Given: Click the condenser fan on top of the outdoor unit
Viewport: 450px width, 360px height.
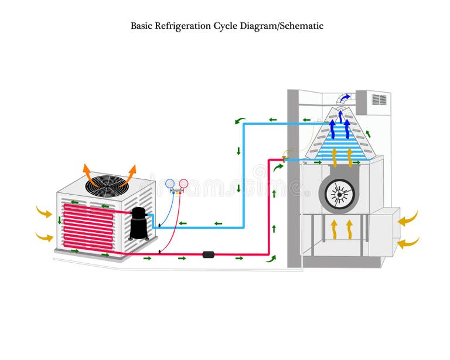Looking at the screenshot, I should (107, 184).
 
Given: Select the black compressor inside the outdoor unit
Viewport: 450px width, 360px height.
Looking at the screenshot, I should (139, 223).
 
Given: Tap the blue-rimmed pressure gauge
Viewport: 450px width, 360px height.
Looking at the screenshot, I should (170, 184).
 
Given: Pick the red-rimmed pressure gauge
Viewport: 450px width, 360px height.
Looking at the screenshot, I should (183, 184).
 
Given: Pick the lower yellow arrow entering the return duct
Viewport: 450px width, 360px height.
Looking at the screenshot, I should (408, 241).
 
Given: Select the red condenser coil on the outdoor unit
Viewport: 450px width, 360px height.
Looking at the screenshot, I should (88, 226).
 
